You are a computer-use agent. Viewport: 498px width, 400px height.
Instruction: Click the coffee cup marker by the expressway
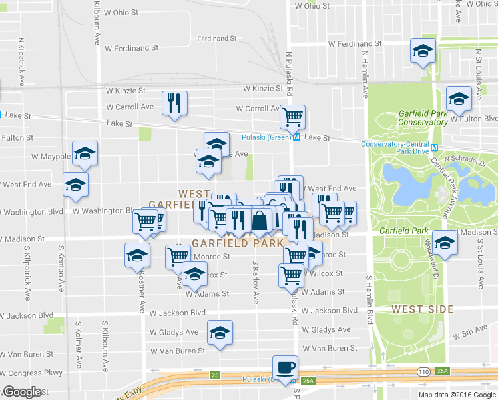click(285, 368)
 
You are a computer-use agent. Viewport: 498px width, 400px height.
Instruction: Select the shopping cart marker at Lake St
click(292, 117)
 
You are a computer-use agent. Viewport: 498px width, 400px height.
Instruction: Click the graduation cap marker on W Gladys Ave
click(220, 333)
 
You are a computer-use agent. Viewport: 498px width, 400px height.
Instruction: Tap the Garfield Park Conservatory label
click(423, 117)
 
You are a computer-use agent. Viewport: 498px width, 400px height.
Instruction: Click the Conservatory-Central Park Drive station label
click(395, 147)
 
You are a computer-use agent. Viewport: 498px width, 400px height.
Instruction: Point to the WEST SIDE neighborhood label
click(423, 309)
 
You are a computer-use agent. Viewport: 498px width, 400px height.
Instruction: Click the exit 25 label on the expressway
click(214, 375)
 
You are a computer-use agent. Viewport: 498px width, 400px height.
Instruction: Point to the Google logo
click(21, 391)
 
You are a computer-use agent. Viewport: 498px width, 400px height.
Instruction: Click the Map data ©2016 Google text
click(457, 394)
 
